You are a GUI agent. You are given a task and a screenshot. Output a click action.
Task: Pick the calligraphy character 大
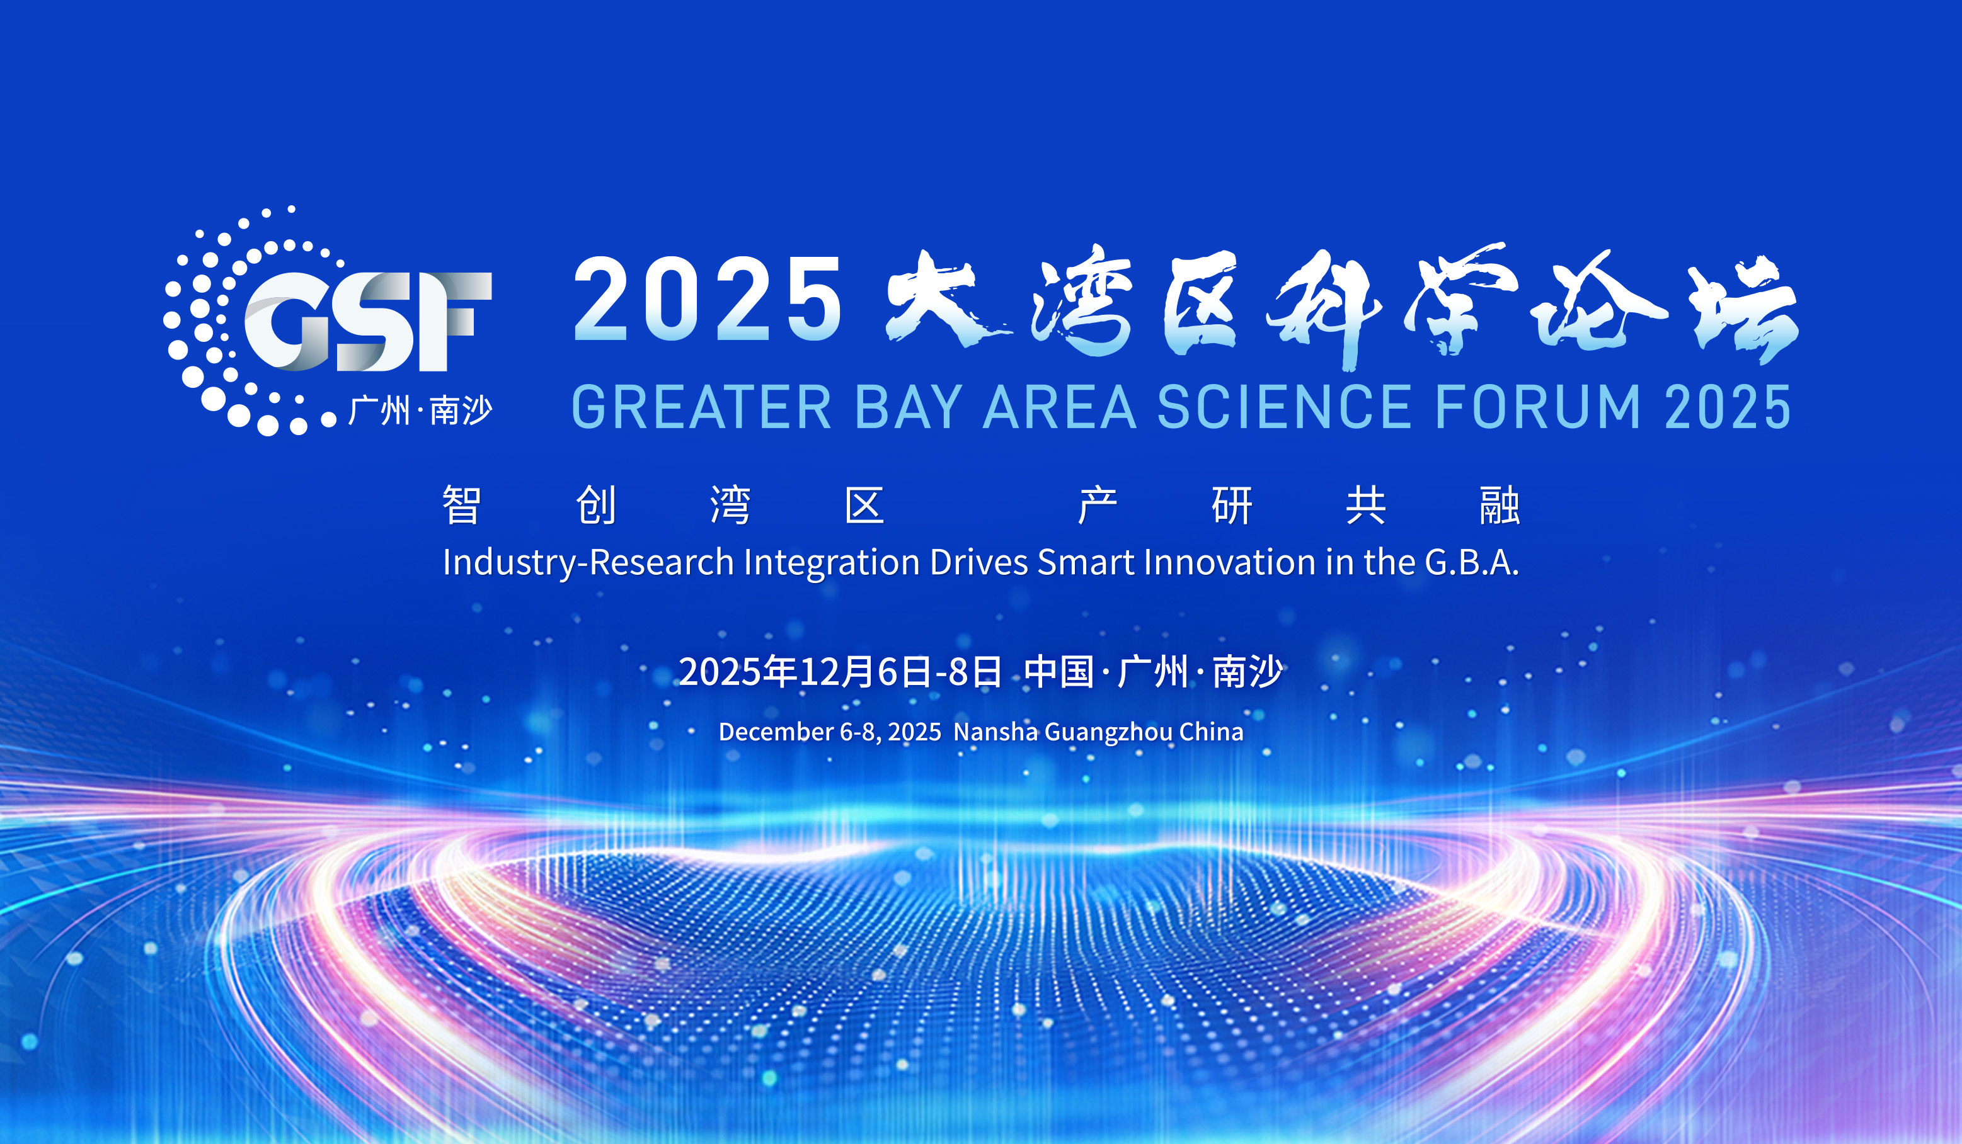point(942,300)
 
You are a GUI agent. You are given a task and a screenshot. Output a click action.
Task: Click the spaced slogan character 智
point(462,505)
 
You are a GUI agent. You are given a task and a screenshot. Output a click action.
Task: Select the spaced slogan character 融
point(1500,505)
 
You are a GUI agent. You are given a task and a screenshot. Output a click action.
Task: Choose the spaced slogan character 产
point(1098,505)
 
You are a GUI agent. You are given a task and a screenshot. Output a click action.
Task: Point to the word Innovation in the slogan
point(1229,562)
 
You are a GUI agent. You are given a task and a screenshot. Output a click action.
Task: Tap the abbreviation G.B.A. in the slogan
point(1472,562)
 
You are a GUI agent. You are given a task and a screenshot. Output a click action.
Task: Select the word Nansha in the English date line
point(995,732)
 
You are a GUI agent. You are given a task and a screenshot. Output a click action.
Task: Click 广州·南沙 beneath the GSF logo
point(420,410)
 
